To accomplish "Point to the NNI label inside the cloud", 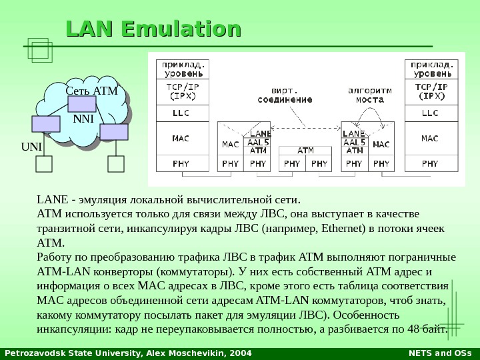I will pos(83,119).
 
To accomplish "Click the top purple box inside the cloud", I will pos(81,105).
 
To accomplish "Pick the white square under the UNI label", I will pos(44,164).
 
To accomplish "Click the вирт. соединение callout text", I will pos(285,95).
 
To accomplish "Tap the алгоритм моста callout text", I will pos(369,95).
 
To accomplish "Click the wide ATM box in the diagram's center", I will pos(305,151).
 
